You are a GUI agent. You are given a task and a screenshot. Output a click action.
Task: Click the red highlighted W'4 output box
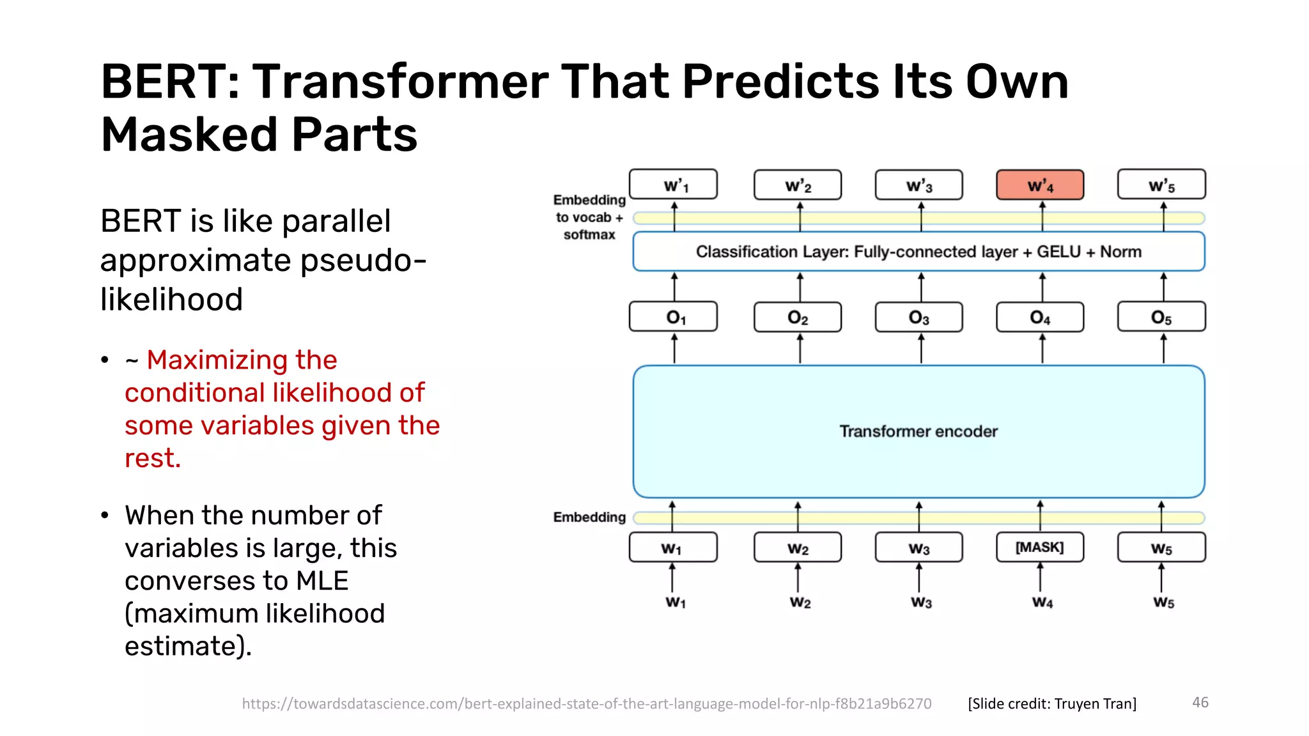coord(1040,185)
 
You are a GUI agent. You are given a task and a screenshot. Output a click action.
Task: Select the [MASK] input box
coord(1040,548)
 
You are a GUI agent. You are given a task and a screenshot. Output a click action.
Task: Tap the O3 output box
coord(918,318)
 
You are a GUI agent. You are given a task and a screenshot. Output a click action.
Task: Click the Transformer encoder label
coord(918,432)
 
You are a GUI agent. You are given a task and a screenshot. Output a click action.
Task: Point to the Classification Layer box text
coord(918,252)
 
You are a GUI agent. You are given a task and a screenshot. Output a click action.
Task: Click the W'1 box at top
coord(673,185)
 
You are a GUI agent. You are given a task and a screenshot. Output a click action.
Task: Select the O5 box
coord(1161,318)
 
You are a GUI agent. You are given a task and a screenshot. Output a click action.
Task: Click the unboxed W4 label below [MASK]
coord(1042,602)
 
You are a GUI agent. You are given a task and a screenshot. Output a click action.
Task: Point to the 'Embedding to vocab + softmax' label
coord(589,217)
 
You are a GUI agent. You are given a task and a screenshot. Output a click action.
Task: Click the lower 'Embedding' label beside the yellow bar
coord(589,517)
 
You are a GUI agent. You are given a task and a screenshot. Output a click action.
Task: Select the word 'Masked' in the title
coord(189,135)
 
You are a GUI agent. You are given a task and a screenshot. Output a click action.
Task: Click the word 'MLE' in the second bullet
coord(321,581)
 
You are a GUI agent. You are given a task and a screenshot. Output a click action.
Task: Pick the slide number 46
coord(1200,702)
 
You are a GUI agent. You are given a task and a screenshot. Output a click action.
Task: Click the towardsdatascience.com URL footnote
coord(586,703)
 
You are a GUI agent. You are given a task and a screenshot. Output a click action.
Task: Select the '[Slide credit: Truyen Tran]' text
coord(1052,703)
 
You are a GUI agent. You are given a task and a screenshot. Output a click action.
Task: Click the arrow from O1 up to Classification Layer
coord(674,286)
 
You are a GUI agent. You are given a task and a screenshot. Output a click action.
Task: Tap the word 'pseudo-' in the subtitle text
coord(363,261)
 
